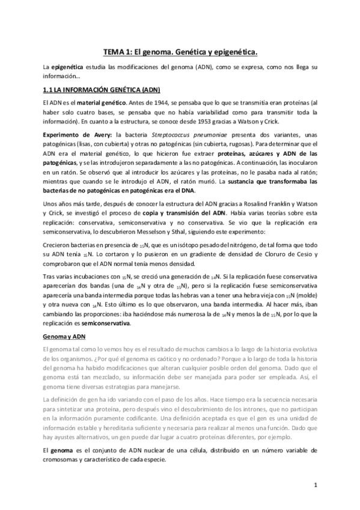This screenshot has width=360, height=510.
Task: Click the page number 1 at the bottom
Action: pyautogui.click(x=315, y=484)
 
